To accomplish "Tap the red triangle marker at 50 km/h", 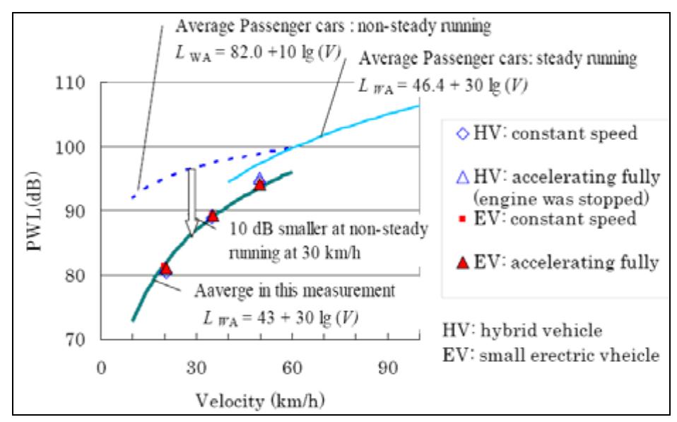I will tap(260, 184).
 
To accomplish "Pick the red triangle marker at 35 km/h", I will tap(213, 216).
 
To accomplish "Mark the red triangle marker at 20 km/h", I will tap(165, 268).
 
